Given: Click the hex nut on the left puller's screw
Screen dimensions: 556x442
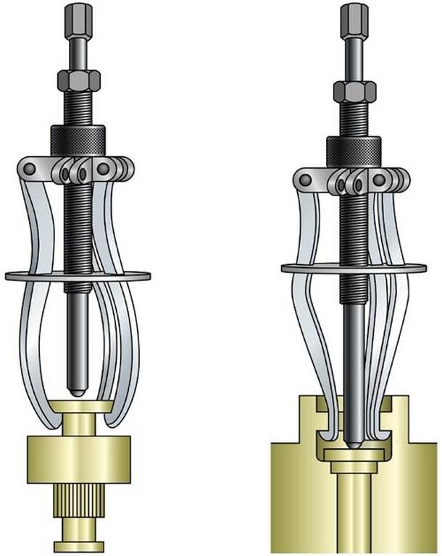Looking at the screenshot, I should point(79,78).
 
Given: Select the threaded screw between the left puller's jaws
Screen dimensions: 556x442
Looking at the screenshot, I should point(78,232).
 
